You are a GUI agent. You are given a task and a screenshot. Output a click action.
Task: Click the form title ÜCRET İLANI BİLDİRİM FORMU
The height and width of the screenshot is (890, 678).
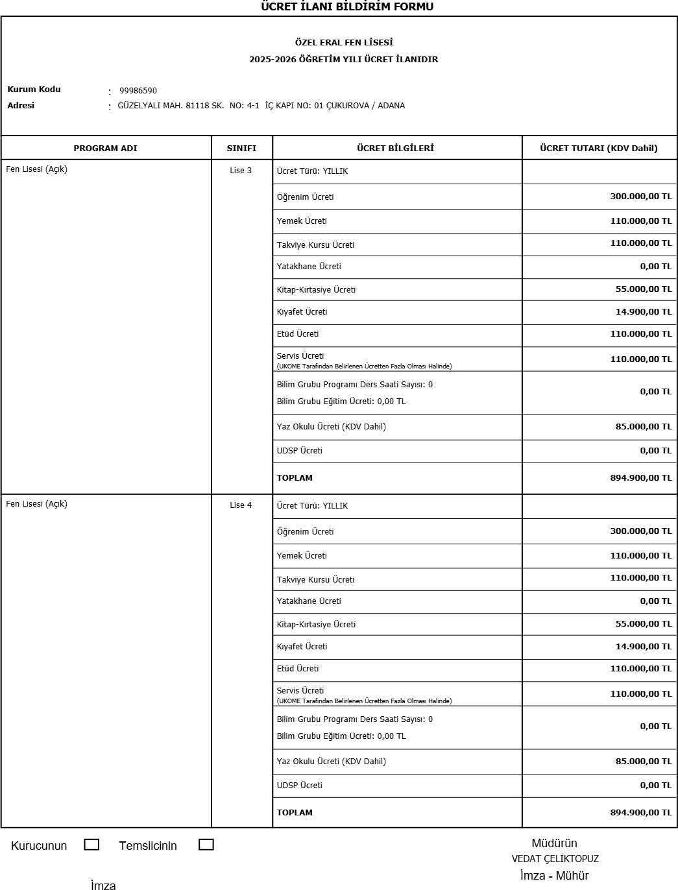point(347,6)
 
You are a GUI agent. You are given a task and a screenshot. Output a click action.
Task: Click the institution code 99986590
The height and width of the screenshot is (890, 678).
point(138,91)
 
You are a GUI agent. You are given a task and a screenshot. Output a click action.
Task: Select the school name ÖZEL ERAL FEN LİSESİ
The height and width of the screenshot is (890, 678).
point(344,43)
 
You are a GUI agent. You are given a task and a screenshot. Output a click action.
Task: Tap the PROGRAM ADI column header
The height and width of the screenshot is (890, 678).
point(105,148)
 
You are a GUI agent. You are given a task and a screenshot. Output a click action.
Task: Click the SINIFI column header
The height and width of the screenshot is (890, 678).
point(241,148)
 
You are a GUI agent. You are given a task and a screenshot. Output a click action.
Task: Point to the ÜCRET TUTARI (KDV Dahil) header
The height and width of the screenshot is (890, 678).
point(598,148)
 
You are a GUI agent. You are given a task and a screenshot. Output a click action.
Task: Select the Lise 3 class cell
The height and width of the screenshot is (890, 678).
point(241,171)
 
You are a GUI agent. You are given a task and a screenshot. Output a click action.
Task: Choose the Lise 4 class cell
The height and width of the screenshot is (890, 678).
point(241,505)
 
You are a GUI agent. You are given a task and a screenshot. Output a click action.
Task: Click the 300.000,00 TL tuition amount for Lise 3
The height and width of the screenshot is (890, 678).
point(640,197)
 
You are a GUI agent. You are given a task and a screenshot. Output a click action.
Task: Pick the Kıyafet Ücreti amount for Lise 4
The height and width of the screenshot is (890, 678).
point(643,647)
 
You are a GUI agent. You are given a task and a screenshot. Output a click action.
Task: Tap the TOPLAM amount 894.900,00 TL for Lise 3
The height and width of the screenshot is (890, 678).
point(640,478)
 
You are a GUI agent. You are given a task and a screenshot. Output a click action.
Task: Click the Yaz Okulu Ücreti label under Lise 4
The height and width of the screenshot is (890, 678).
point(331,762)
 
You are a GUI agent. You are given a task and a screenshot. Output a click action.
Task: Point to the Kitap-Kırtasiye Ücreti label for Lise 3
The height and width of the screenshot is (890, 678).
point(316,290)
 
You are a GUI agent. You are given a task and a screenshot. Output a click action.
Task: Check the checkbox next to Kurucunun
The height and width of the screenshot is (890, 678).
point(91,845)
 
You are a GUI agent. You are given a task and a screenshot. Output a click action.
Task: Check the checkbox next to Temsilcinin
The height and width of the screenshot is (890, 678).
point(206,845)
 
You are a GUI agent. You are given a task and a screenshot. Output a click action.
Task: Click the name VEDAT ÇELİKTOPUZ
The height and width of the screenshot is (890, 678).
point(555,859)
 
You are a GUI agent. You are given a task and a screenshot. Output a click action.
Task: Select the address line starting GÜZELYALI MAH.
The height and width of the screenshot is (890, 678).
point(261,106)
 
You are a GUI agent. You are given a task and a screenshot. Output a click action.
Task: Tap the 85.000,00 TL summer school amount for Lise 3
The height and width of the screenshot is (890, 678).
point(643,427)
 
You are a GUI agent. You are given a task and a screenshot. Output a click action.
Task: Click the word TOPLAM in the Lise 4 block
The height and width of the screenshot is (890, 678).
point(295,813)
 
